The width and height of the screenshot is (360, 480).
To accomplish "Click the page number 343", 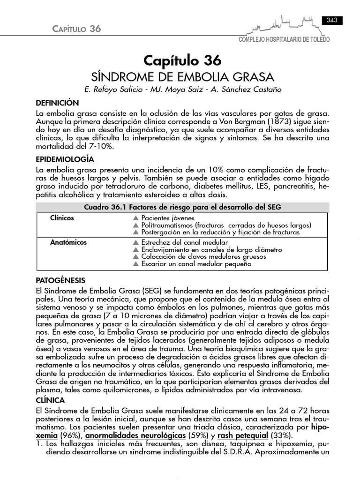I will click(x=332, y=20).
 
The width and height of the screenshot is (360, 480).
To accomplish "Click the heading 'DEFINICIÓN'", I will click(x=58, y=103).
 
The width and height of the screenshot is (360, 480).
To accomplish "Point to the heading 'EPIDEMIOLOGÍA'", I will click(x=65, y=159).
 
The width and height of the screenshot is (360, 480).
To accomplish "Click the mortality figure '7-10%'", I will click(x=103, y=147).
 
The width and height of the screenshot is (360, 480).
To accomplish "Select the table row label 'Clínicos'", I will click(x=62, y=218).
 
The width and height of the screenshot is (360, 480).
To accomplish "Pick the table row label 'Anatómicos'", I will click(x=68, y=242).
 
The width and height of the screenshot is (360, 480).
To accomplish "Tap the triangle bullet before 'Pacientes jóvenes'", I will click(x=136, y=218).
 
